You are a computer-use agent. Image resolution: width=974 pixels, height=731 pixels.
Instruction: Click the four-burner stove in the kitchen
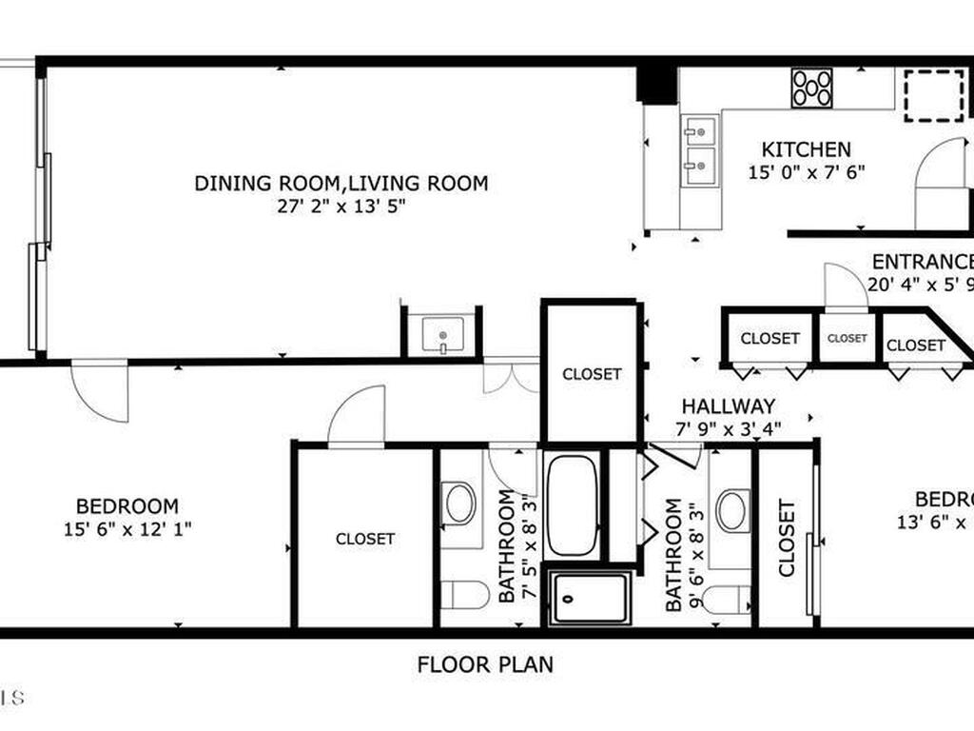pos(812,88)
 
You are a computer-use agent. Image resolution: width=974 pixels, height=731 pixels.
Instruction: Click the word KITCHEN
pos(806,150)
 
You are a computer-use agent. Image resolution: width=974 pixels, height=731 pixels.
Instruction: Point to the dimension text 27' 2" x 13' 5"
pos(341,207)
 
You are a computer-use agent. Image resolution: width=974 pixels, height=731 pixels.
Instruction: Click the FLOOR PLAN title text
pos(485,664)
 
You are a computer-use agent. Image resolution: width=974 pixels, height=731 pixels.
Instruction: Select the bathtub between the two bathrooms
pos(573,505)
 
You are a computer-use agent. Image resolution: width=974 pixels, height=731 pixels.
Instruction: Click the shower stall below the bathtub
pos(591,598)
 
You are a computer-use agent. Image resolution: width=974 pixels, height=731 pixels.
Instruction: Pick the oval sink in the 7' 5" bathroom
pos(459,504)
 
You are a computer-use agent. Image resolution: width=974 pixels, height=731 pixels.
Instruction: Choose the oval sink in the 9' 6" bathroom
pos(732,510)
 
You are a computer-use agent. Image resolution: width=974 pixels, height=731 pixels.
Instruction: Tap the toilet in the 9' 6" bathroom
pos(729,600)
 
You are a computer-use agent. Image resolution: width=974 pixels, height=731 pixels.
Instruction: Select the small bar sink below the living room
pos(442,335)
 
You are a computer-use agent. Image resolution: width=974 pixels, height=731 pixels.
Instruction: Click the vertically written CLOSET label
pos(787,538)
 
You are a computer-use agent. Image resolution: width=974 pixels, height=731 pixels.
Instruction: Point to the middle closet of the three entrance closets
pos(847,338)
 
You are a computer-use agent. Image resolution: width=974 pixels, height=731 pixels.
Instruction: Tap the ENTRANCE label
pos(922,262)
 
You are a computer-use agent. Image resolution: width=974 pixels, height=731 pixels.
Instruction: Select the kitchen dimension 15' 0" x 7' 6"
pos(806,173)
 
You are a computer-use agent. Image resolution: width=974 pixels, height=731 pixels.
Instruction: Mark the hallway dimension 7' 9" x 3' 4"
pos(728,428)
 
